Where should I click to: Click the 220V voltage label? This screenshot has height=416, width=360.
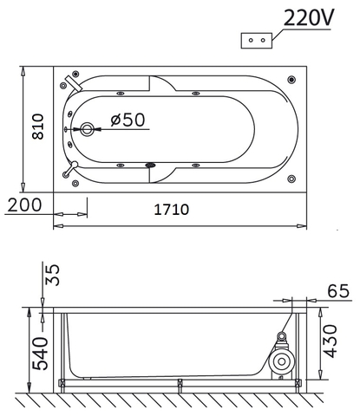tap(309, 17)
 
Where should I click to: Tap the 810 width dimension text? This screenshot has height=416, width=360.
tap(38, 127)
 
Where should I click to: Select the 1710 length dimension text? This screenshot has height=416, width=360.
tap(172, 210)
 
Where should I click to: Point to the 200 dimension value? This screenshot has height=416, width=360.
tap(24, 205)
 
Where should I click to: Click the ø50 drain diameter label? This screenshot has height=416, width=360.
tap(128, 120)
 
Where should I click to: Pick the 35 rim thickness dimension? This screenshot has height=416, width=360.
tap(53, 275)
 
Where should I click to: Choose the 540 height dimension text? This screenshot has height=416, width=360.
tap(40, 354)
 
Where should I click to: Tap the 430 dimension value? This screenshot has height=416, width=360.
tap(330, 341)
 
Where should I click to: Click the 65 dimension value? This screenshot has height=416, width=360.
tap(338, 290)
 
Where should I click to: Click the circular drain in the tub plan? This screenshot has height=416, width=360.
tap(87, 129)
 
